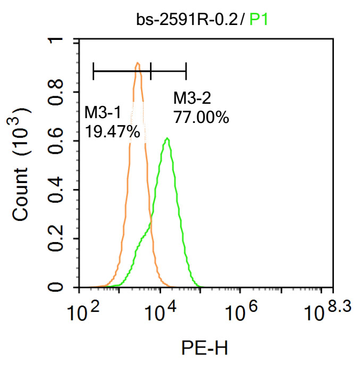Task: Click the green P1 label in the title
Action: [259, 20]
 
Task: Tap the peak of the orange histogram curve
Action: [138, 63]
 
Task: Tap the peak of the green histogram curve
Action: [168, 138]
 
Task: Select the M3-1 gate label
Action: [103, 112]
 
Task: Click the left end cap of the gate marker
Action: [94, 70]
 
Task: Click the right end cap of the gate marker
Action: [186, 70]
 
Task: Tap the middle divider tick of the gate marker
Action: [151, 70]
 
